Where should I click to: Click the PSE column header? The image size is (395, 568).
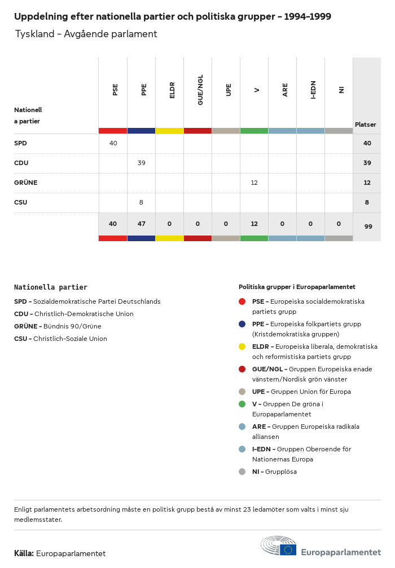coord(115,90)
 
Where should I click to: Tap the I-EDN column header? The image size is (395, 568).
coord(313,90)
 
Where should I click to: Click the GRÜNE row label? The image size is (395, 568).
coord(25,183)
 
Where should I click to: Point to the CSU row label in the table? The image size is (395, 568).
coord(20,202)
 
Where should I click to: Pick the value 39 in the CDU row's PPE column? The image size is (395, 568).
coord(141,163)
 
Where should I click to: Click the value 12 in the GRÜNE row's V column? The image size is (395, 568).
coord(254,183)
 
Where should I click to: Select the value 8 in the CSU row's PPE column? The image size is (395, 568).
coord(141,202)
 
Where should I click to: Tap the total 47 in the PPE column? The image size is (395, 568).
coord(141,224)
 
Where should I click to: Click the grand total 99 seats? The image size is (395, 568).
coord(367,227)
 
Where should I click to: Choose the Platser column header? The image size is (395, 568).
coord(365,125)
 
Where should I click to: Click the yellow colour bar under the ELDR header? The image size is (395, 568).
coord(169,131)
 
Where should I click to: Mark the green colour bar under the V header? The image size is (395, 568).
coord(254,131)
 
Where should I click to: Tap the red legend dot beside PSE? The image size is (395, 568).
coord(242,301)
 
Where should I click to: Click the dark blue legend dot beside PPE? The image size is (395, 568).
coord(242,324)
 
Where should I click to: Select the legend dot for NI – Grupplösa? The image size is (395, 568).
coord(242,472)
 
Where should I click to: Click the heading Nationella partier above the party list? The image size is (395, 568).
coord(51,287)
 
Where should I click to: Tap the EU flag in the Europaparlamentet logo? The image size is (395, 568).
coord(288,549)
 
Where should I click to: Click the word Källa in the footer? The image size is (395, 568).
coord(24,553)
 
